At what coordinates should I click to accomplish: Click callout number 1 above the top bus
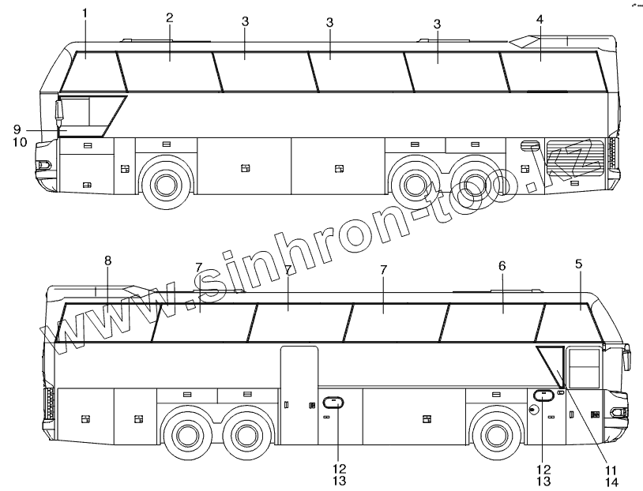point(85,13)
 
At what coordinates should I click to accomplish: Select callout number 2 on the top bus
point(170,17)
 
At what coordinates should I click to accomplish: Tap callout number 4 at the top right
point(540,19)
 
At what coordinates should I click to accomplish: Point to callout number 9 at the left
point(17,129)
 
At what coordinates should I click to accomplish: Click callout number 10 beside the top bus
point(20,142)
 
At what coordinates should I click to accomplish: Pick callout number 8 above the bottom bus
point(108,260)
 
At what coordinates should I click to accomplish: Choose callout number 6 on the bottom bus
point(502,266)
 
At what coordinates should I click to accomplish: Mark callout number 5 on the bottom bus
point(578,264)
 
